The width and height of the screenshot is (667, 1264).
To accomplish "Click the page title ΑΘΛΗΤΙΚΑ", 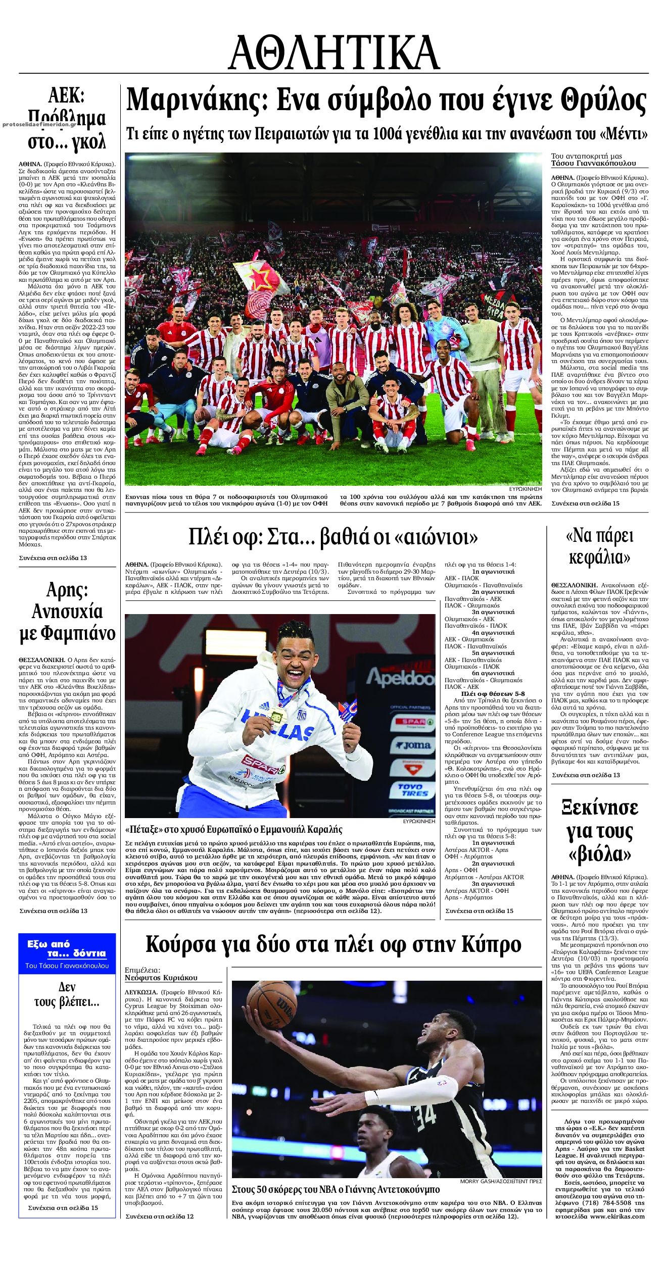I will pyautogui.click(x=333, y=53).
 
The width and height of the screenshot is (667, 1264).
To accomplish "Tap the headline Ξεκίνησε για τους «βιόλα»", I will pyautogui.click(x=599, y=831).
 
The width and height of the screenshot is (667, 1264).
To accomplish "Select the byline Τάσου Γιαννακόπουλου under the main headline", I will pyautogui.click(x=593, y=163).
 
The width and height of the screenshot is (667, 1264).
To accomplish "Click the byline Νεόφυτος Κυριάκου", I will pyautogui.click(x=161, y=978).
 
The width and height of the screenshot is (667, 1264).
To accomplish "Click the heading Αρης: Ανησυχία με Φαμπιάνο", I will pyautogui.click(x=67, y=611).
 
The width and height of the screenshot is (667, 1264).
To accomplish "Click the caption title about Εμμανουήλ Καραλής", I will pyautogui.click(x=233, y=829).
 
